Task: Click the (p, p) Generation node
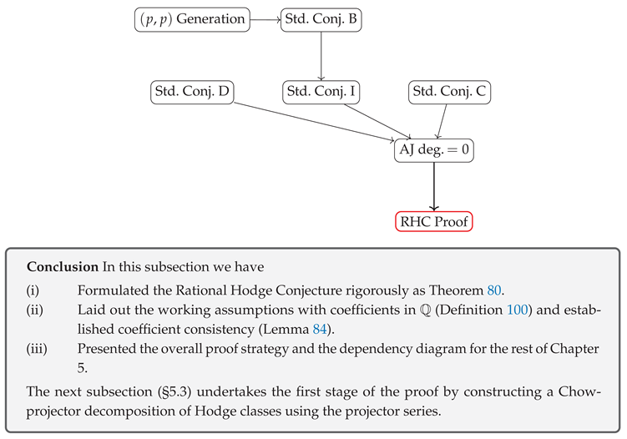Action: click(x=192, y=19)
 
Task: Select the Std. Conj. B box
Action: click(x=321, y=19)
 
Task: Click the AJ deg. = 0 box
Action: click(x=433, y=151)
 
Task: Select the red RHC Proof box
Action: click(x=433, y=221)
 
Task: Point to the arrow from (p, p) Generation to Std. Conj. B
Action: click(x=265, y=19)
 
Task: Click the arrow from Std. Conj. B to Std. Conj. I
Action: click(x=321, y=55)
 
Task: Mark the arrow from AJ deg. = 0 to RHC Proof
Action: click(x=433, y=186)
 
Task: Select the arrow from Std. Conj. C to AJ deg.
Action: click(x=442, y=121)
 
